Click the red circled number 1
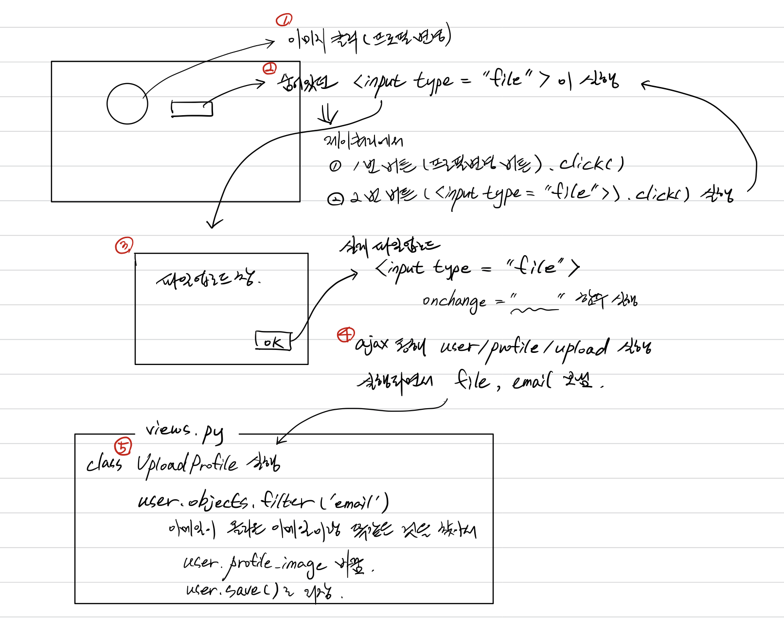pos(284,20)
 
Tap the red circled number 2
pos(269,69)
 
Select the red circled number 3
pos(124,245)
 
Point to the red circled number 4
pos(346,334)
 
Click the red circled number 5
pos(123,446)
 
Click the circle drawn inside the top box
pos(127,104)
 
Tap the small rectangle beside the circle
pos(192,109)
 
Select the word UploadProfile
pos(187,464)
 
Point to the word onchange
pos(454,302)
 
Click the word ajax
pos(372,345)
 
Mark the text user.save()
pos(232,590)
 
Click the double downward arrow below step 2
pos(328,115)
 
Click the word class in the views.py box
pos(104,464)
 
